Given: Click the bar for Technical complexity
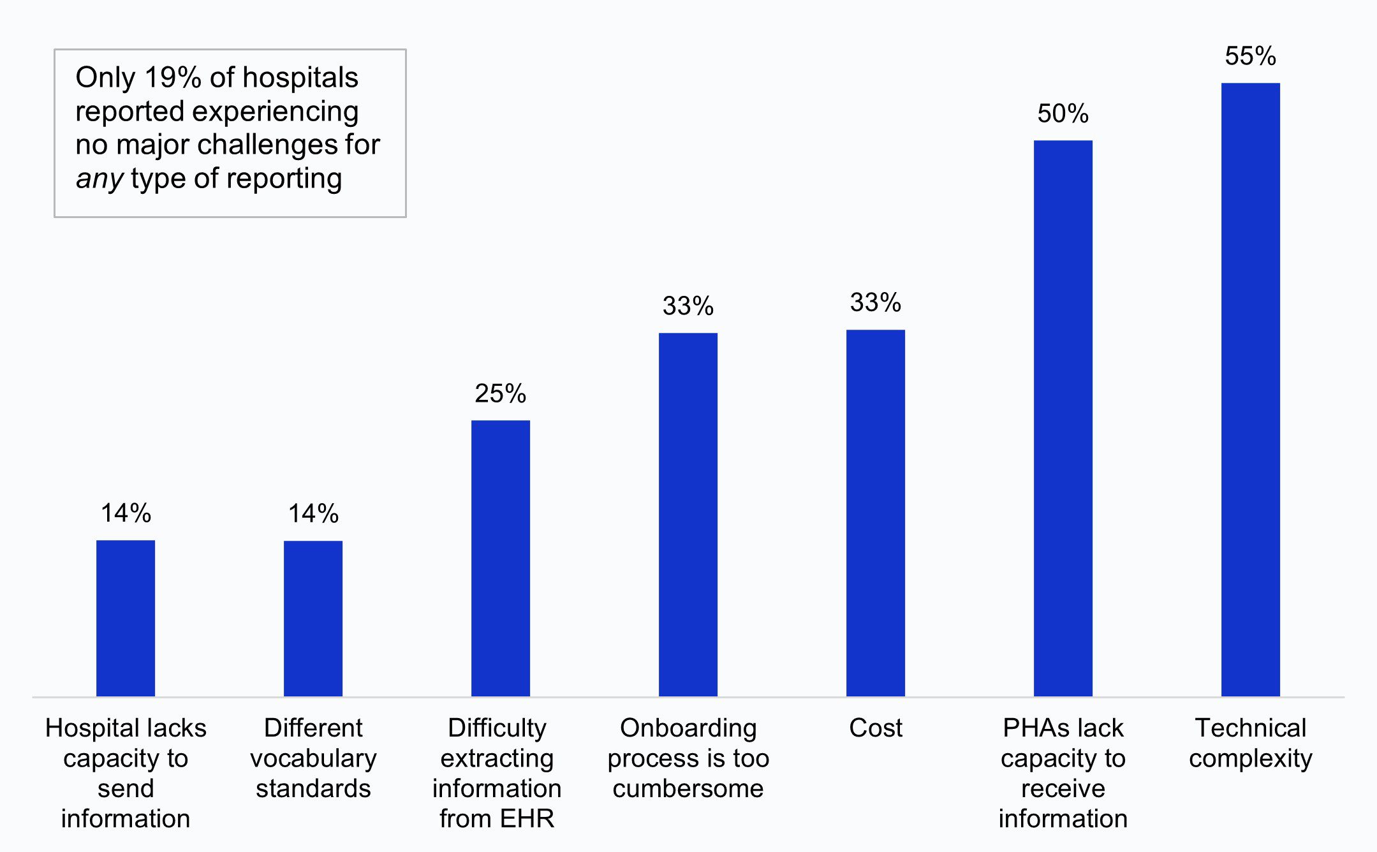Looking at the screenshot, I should click(x=1250, y=389).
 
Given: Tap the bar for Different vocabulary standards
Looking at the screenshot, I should click(x=313, y=618).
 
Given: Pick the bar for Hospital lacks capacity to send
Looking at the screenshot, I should click(x=126, y=618).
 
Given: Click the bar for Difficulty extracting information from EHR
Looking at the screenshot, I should click(x=501, y=558).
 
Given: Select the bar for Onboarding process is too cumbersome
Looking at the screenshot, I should click(x=688, y=514).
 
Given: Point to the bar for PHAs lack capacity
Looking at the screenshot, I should click(x=1063, y=418).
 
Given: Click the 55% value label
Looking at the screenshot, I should click(x=1250, y=56).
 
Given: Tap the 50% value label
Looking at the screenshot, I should click(x=1063, y=114).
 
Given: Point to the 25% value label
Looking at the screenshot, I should click(x=501, y=393).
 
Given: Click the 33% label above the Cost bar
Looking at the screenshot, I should click(x=875, y=302).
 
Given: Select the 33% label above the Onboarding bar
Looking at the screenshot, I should click(x=688, y=306).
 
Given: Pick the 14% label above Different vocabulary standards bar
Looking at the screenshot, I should click(x=313, y=513).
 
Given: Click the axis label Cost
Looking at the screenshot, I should click(x=875, y=728).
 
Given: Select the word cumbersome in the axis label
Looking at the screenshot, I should click(x=688, y=789).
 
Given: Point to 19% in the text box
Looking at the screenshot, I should click(x=173, y=78).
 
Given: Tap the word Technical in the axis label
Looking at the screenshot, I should click(x=1250, y=728).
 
